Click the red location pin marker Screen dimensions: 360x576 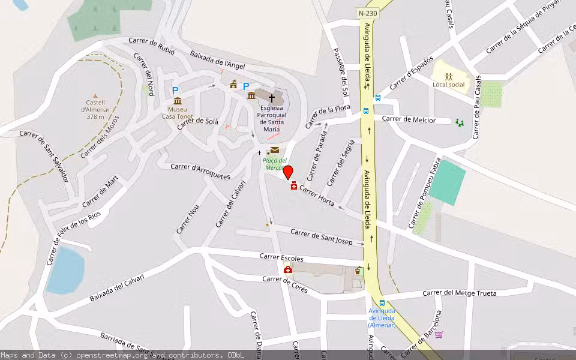pos(288,172)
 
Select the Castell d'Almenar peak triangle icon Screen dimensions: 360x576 pos(95,95)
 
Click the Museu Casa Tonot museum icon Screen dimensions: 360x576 pos(178,101)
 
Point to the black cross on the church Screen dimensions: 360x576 pos(271,97)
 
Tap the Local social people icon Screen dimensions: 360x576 pos(448,76)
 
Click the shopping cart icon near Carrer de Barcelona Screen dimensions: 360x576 pos(439,334)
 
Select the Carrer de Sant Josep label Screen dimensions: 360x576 pos(321,236)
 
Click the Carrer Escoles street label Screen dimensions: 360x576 pos(281,257)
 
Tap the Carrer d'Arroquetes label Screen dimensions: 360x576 pos(200,171)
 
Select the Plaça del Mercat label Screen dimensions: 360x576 pos(274,164)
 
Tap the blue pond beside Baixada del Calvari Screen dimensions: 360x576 pos(65,271)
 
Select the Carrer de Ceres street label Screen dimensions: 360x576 pos(285,284)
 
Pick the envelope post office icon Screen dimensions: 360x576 pos(275,150)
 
